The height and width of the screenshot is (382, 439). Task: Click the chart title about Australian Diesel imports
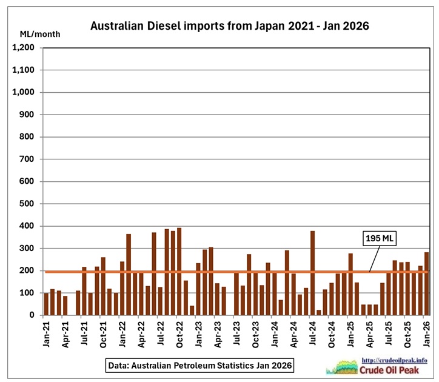229,26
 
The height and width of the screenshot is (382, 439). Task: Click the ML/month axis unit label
39,34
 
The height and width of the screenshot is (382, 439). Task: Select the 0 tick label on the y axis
36,315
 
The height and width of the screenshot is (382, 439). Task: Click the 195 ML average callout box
380,238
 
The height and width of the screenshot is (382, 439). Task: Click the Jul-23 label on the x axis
236,331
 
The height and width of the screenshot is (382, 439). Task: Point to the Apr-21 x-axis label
65,331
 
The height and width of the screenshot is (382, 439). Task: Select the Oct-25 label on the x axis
407,331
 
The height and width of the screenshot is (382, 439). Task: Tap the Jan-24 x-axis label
275,331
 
